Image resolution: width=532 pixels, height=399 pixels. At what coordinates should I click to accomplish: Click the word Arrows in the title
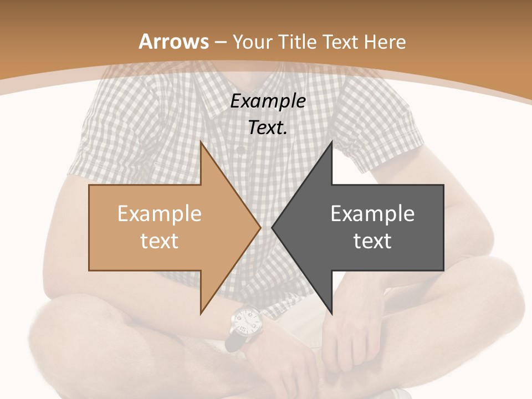click(x=173, y=42)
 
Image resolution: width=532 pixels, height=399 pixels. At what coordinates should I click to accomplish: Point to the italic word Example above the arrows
click(x=268, y=101)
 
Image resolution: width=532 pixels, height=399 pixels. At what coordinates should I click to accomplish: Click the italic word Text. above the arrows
click(x=268, y=127)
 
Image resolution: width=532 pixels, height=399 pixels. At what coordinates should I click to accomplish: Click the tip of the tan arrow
click(x=260, y=227)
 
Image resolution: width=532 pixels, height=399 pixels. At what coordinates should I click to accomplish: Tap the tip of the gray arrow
click(x=273, y=227)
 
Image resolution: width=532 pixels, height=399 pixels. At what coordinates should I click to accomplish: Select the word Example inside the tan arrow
click(x=160, y=213)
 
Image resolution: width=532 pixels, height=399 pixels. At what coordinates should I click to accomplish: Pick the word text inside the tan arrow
click(x=160, y=241)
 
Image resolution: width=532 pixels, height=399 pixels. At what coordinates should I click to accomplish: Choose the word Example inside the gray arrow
click(x=372, y=213)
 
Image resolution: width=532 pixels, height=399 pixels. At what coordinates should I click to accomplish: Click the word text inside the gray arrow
click(x=372, y=241)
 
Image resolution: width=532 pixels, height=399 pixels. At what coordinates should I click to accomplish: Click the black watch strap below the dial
click(x=233, y=341)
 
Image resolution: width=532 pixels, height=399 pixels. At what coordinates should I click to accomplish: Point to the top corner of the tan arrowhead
click(x=201, y=142)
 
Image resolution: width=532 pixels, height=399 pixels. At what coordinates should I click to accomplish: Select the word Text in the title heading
click(x=340, y=42)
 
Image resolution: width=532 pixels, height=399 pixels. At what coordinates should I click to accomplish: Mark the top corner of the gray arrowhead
click(x=331, y=142)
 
